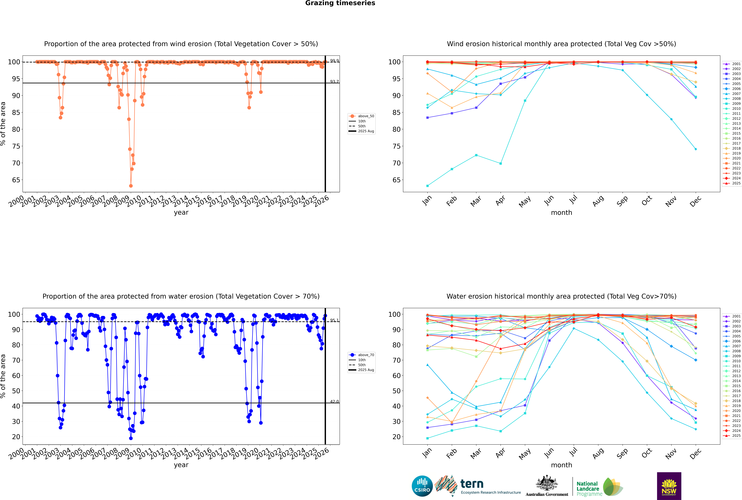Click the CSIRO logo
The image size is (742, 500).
coord(422,486)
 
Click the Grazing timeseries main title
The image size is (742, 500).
coord(340,3)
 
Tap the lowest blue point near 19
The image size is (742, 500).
coord(131,438)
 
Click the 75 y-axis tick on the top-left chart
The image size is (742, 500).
coord(16,146)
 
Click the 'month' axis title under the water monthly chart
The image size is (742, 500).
coord(561,465)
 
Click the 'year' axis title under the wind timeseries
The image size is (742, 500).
coord(181,212)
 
